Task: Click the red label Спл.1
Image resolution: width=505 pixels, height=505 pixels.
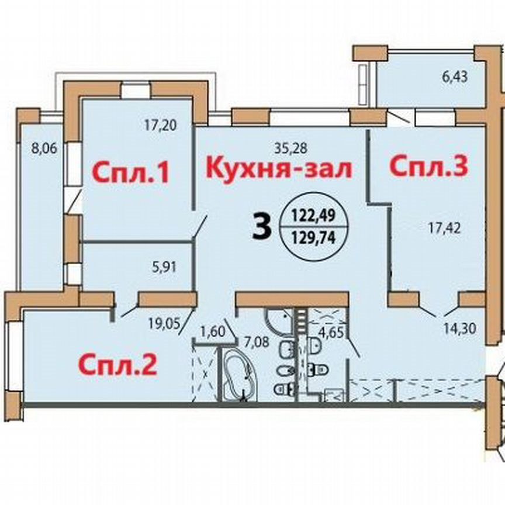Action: (x=130, y=174)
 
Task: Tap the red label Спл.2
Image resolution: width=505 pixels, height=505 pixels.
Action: (x=118, y=366)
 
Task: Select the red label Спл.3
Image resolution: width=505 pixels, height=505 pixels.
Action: (x=428, y=166)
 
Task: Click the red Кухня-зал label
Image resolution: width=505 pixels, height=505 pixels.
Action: (x=279, y=169)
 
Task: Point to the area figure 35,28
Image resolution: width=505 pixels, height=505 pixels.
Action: (x=291, y=148)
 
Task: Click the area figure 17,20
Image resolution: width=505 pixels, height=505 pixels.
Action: (x=160, y=125)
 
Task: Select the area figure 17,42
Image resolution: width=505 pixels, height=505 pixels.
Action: (x=444, y=229)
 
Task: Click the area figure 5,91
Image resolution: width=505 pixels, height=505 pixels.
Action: (x=164, y=267)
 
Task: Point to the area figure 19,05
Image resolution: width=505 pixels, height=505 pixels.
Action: (x=164, y=323)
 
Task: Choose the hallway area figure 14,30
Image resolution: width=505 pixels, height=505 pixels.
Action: (x=460, y=329)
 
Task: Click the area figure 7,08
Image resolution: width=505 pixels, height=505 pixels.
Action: (x=257, y=341)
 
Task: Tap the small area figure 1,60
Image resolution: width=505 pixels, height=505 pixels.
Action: (x=212, y=331)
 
